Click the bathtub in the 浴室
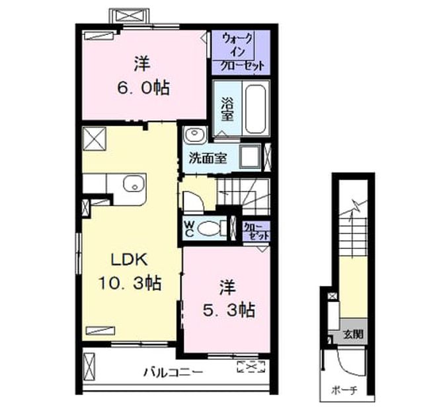(255, 109)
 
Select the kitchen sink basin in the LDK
(134, 184)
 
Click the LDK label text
(129, 260)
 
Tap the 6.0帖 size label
(143, 88)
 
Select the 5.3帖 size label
(229, 310)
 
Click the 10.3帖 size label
(130, 283)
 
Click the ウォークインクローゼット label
(241, 52)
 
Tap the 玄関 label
(353, 334)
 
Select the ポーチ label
(344, 390)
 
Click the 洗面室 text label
(208, 158)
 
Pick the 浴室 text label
(227, 109)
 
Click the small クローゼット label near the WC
(256, 231)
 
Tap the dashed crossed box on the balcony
(251, 366)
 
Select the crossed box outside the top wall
(129, 16)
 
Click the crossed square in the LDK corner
(95, 139)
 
